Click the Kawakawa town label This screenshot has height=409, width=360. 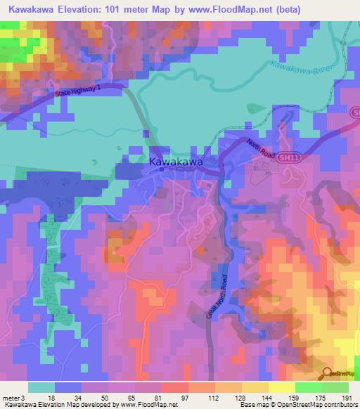pyautogui.click(x=176, y=162)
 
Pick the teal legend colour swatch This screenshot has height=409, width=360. pyautogui.click(x=41, y=387)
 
